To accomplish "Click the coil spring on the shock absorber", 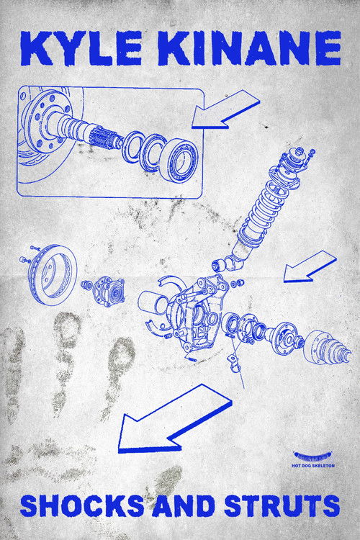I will pos(266,201).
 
